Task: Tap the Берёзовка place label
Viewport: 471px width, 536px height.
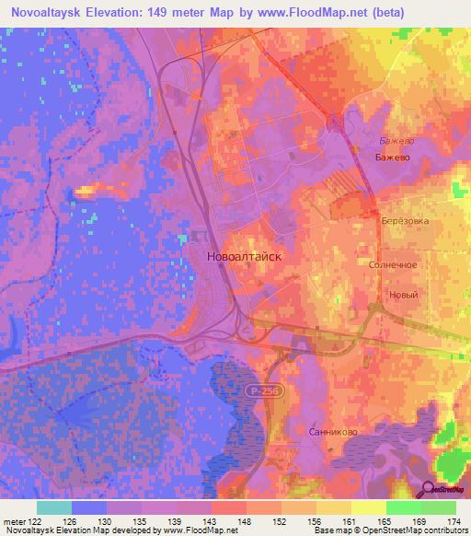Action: click(x=404, y=222)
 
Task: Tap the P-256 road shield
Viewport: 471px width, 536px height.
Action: click(x=260, y=392)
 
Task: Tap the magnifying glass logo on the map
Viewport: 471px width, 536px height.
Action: click(x=429, y=489)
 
